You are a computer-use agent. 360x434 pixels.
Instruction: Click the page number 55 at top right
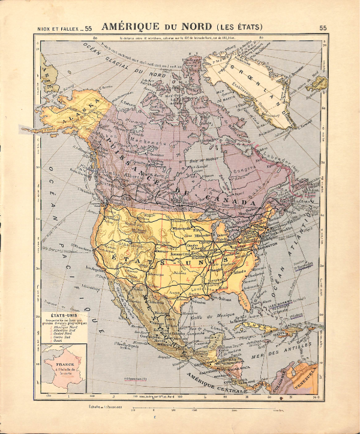[x=323, y=28]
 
